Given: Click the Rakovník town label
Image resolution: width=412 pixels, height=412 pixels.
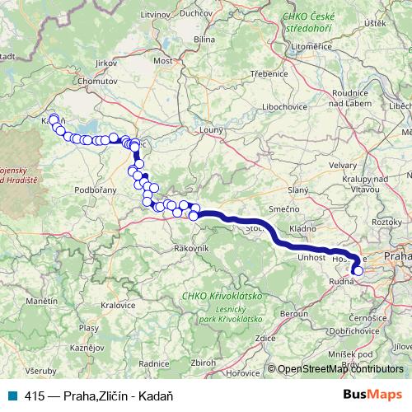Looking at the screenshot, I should coord(190,248).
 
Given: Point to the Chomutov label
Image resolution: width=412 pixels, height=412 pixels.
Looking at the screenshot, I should coord(95,83).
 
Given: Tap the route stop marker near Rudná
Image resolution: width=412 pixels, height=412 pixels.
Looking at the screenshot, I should coord(358,269).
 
